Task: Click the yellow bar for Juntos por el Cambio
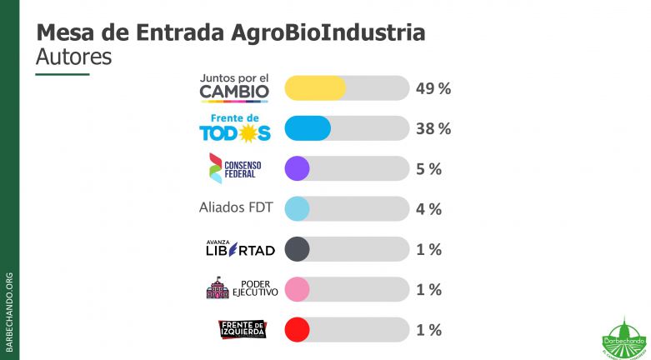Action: (315, 88)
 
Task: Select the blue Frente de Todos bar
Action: (308, 128)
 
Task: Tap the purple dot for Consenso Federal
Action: (298, 169)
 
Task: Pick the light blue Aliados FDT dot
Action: (298, 209)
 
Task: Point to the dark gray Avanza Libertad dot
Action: (298, 249)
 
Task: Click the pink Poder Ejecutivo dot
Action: (298, 290)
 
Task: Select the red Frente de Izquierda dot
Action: (298, 330)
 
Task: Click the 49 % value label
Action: (433, 88)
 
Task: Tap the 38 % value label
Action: (433, 128)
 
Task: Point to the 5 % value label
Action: (428, 169)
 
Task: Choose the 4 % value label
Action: (428, 209)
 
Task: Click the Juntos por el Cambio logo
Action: (234, 87)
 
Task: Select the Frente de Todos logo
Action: (234, 128)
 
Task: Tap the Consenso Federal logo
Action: (235, 168)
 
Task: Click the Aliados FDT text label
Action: (236, 207)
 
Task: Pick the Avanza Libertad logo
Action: (239, 247)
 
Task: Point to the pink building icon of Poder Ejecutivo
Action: (218, 288)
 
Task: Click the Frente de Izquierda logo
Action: (242, 329)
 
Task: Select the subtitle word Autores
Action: (74, 57)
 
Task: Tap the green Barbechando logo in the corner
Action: (620, 337)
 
